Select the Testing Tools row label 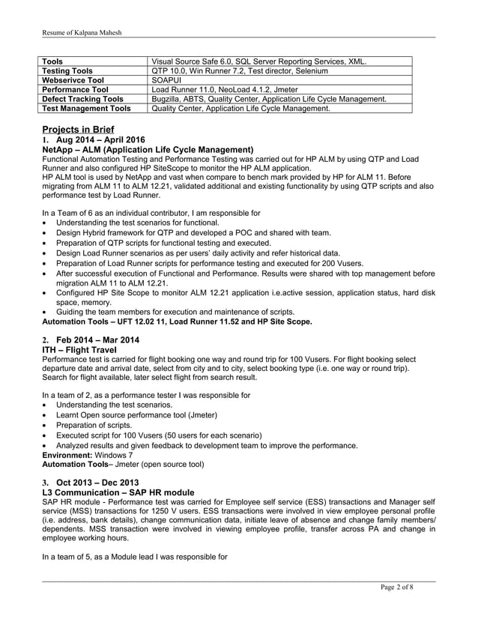click(68, 70)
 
